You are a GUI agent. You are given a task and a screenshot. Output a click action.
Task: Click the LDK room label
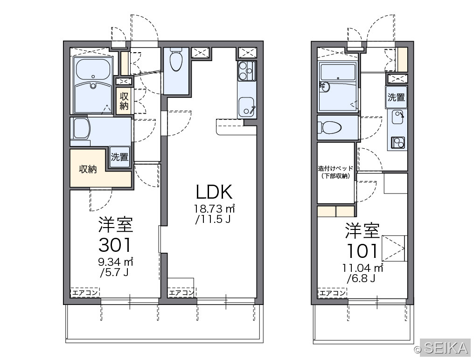(214, 192)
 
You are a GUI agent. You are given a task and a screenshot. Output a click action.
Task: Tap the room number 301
(115, 244)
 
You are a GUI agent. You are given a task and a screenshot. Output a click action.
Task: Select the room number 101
(362, 251)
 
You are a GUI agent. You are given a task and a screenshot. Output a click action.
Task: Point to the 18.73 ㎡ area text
(214, 208)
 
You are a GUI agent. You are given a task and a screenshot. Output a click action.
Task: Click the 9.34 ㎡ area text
(116, 262)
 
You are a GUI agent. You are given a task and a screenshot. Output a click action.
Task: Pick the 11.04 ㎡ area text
(363, 268)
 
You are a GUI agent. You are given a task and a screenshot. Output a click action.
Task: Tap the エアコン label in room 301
(84, 292)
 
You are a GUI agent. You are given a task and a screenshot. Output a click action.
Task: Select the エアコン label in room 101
(333, 292)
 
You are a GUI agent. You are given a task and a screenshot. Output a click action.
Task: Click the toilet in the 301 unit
(175, 61)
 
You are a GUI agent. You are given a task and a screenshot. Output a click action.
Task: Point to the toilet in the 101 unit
(330, 128)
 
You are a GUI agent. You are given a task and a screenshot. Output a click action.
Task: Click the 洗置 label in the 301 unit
(120, 157)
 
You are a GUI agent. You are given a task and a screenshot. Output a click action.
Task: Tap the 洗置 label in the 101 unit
(396, 97)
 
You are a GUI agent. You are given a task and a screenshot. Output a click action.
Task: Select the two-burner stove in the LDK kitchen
(246, 71)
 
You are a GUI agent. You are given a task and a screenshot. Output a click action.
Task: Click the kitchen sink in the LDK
(247, 106)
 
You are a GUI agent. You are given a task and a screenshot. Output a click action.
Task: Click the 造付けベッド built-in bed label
(335, 172)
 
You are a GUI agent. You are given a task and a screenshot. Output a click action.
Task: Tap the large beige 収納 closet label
(88, 169)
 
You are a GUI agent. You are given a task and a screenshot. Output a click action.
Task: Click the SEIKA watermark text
(446, 348)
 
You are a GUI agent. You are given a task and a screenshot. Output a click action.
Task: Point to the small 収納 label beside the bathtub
(124, 101)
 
